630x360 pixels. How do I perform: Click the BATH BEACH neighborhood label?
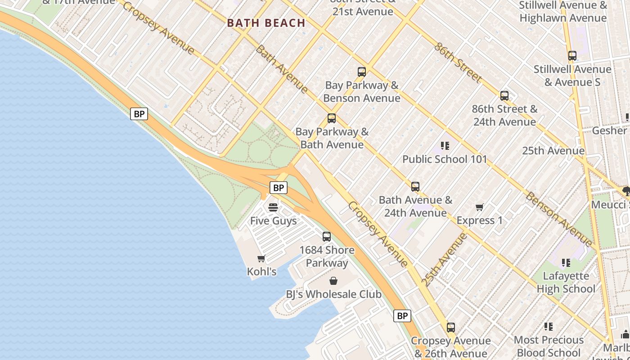pos(266,23)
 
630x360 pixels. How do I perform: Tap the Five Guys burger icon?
pos(273,207)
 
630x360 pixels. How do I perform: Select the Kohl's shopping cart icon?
pos(261,258)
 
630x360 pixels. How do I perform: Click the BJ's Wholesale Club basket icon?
pos(333,281)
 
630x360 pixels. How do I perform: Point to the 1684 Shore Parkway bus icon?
pos(327,236)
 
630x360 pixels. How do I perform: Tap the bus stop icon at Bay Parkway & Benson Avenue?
pos(361,72)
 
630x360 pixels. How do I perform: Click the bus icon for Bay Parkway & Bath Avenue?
pos(332,118)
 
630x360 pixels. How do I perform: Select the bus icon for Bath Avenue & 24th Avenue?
pos(415,186)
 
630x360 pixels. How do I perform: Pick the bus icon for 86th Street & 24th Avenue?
pos(504,95)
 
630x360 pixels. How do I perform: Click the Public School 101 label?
pos(445,159)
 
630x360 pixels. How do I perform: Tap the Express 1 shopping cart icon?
pos(479,207)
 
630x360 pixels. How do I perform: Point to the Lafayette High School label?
pos(566,282)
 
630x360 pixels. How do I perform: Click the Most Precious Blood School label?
pos(549,346)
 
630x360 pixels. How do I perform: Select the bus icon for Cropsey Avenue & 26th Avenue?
pos(451,327)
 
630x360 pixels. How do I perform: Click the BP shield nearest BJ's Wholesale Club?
pos(402,316)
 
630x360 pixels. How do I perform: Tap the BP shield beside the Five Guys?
pos(279,188)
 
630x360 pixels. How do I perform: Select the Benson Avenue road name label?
pos(559,220)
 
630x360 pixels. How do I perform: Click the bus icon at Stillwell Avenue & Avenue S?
pos(572,56)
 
